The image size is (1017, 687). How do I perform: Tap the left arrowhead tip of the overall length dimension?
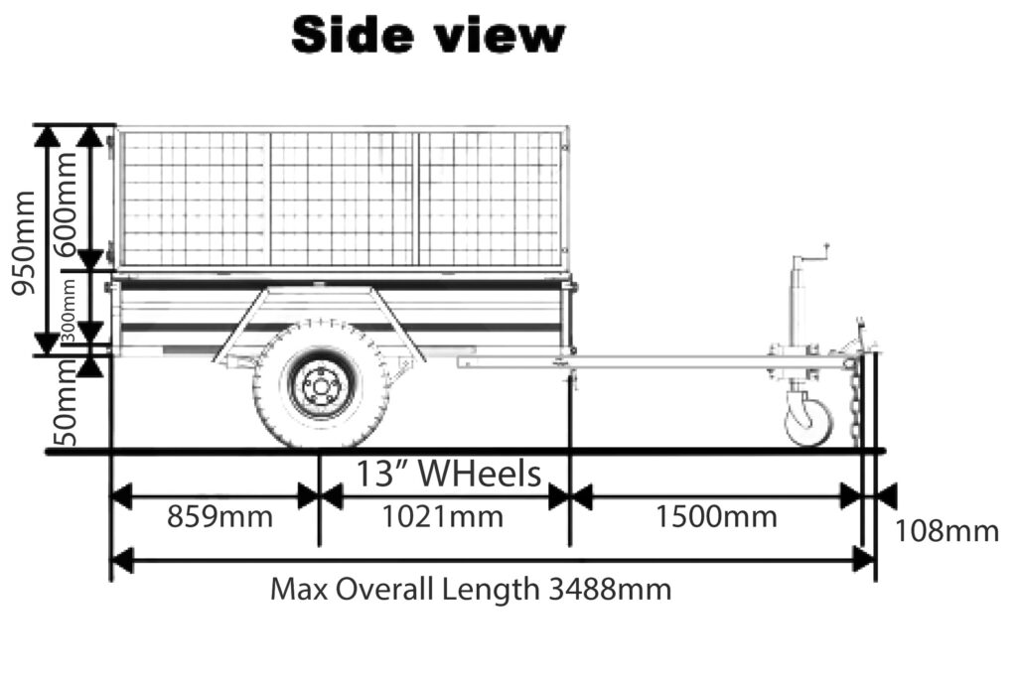tap(112, 561)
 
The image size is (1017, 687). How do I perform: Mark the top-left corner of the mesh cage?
tap(117, 127)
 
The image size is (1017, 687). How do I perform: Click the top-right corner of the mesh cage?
tap(568, 127)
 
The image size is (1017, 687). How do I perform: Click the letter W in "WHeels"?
tap(436, 474)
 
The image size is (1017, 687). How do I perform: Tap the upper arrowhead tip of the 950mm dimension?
tap(47, 126)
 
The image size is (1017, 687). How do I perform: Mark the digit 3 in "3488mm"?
tap(556, 590)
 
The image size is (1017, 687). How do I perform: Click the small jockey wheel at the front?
tap(808, 422)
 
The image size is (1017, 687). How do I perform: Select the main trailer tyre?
tap(321, 385)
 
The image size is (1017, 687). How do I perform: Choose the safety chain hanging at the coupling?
tap(856, 402)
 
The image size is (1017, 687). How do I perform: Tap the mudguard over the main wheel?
tap(319, 324)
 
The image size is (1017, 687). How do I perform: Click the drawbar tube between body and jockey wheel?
tap(655, 361)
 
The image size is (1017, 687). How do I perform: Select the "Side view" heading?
tap(428, 35)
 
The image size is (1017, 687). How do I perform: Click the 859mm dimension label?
tap(219, 517)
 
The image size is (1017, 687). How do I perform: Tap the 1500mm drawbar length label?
tap(716, 517)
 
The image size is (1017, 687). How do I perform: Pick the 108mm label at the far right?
tap(946, 531)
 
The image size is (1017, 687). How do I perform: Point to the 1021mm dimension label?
tap(442, 517)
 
